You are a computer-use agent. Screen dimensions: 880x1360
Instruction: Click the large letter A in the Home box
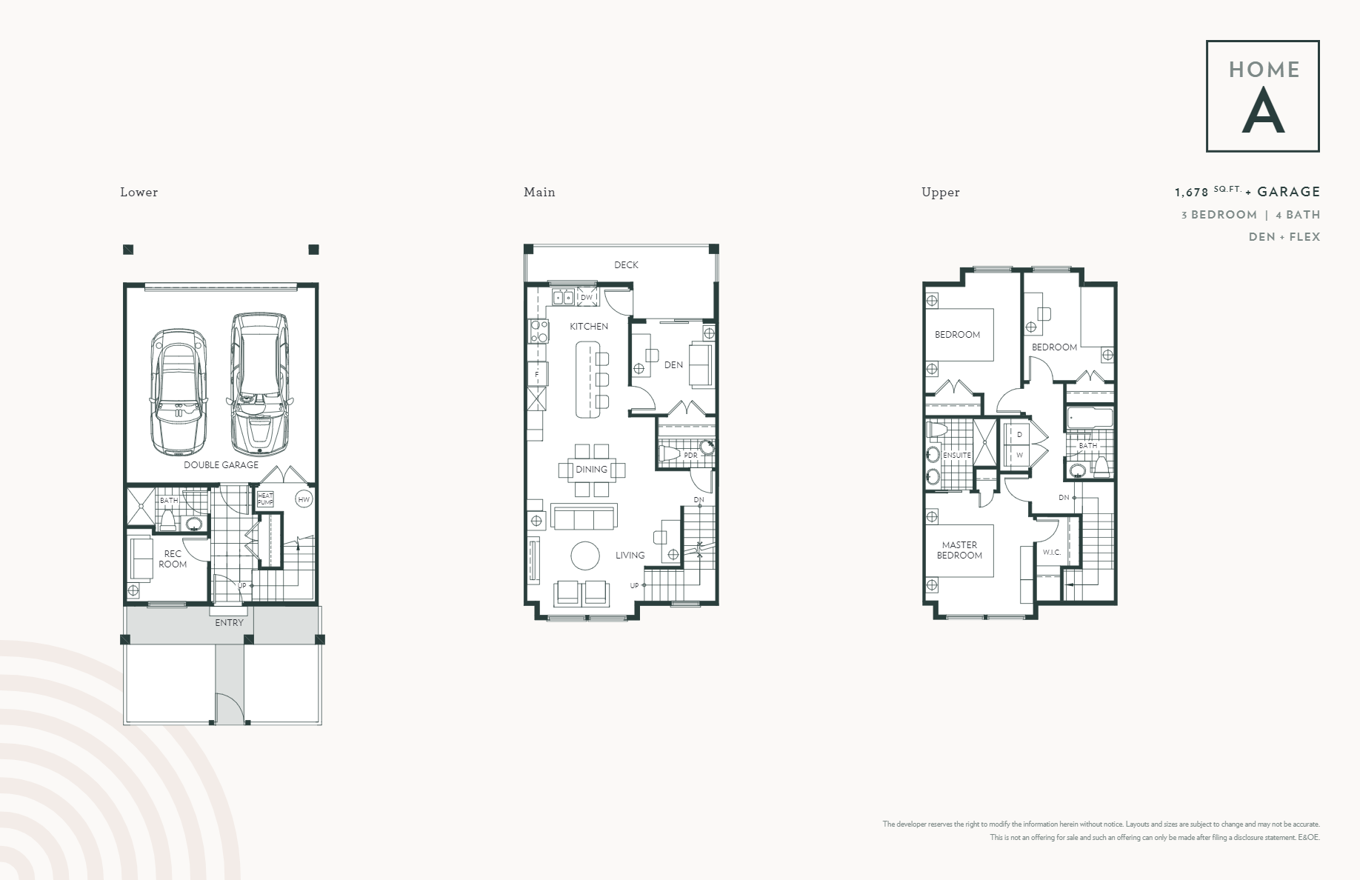click(1262, 111)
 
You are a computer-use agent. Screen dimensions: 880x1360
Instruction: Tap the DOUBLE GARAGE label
click(221, 465)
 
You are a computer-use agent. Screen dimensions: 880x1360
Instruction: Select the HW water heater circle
click(303, 500)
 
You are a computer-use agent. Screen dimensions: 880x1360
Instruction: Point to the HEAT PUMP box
click(265, 499)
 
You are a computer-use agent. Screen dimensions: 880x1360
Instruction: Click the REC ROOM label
click(173, 559)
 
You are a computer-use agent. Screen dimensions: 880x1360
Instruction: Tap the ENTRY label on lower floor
click(229, 623)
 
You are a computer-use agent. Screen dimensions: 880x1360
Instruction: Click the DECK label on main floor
click(626, 265)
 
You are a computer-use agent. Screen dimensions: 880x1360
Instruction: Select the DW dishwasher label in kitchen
click(587, 298)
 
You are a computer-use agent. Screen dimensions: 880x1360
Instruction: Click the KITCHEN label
click(589, 327)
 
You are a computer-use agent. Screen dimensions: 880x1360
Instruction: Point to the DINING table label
click(591, 470)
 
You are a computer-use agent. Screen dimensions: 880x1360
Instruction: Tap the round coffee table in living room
click(585, 556)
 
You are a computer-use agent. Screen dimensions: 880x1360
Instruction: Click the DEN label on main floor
click(673, 365)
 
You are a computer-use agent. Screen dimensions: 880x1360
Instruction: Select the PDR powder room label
click(690, 456)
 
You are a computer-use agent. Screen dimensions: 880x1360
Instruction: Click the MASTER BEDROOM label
click(959, 550)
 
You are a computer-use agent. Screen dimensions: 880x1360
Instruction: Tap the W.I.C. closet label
click(1052, 553)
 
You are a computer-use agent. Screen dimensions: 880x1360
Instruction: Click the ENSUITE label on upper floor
click(956, 456)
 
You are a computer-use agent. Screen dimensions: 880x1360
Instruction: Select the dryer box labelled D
click(1019, 435)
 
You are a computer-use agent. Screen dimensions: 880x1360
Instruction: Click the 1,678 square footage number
click(1191, 193)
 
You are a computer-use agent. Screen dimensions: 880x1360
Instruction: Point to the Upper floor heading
click(940, 193)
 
